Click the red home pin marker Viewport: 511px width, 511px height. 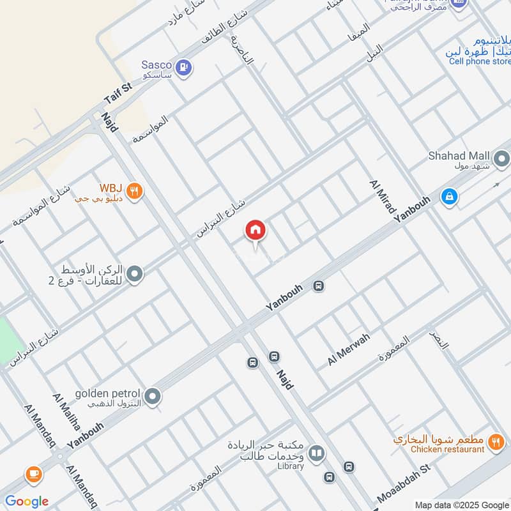coord(255,231)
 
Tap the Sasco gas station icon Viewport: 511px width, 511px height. coord(184,66)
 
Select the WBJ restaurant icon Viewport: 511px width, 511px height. coord(133,191)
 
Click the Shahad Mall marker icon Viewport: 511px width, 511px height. coord(501,158)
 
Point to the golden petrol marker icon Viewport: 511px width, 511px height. coord(152,397)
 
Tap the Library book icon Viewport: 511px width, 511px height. coord(316,454)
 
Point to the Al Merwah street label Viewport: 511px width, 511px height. coord(348,350)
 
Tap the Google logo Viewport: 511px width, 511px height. coord(26,501)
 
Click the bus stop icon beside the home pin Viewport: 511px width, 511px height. coord(319,287)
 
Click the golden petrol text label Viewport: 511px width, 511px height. coord(105,393)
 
